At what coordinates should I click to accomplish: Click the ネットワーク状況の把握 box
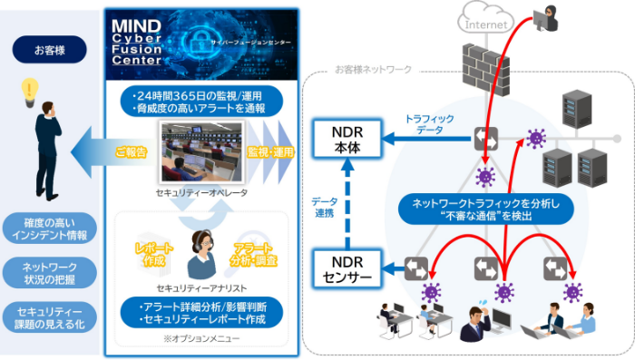pyautogui.click(x=48, y=275)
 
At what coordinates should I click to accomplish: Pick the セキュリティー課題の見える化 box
pyautogui.click(x=48, y=317)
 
